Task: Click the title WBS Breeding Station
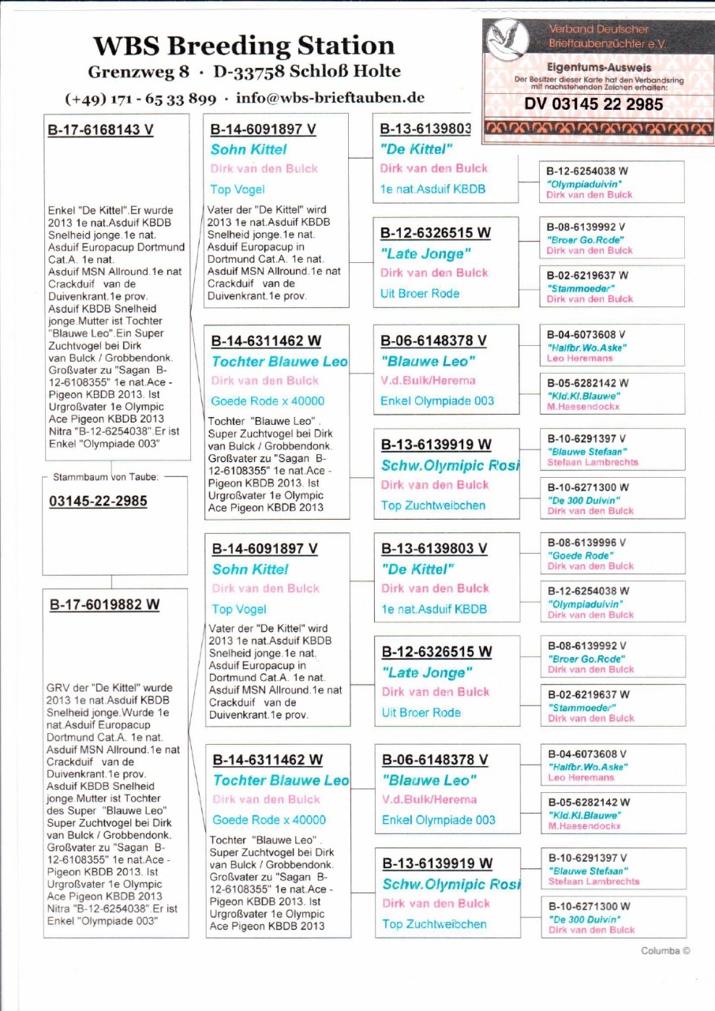click(244, 45)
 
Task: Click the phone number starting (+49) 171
click(140, 99)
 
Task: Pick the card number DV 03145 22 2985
click(593, 103)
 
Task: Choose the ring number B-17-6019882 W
click(104, 604)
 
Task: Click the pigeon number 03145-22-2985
click(97, 502)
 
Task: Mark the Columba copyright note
click(665, 950)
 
